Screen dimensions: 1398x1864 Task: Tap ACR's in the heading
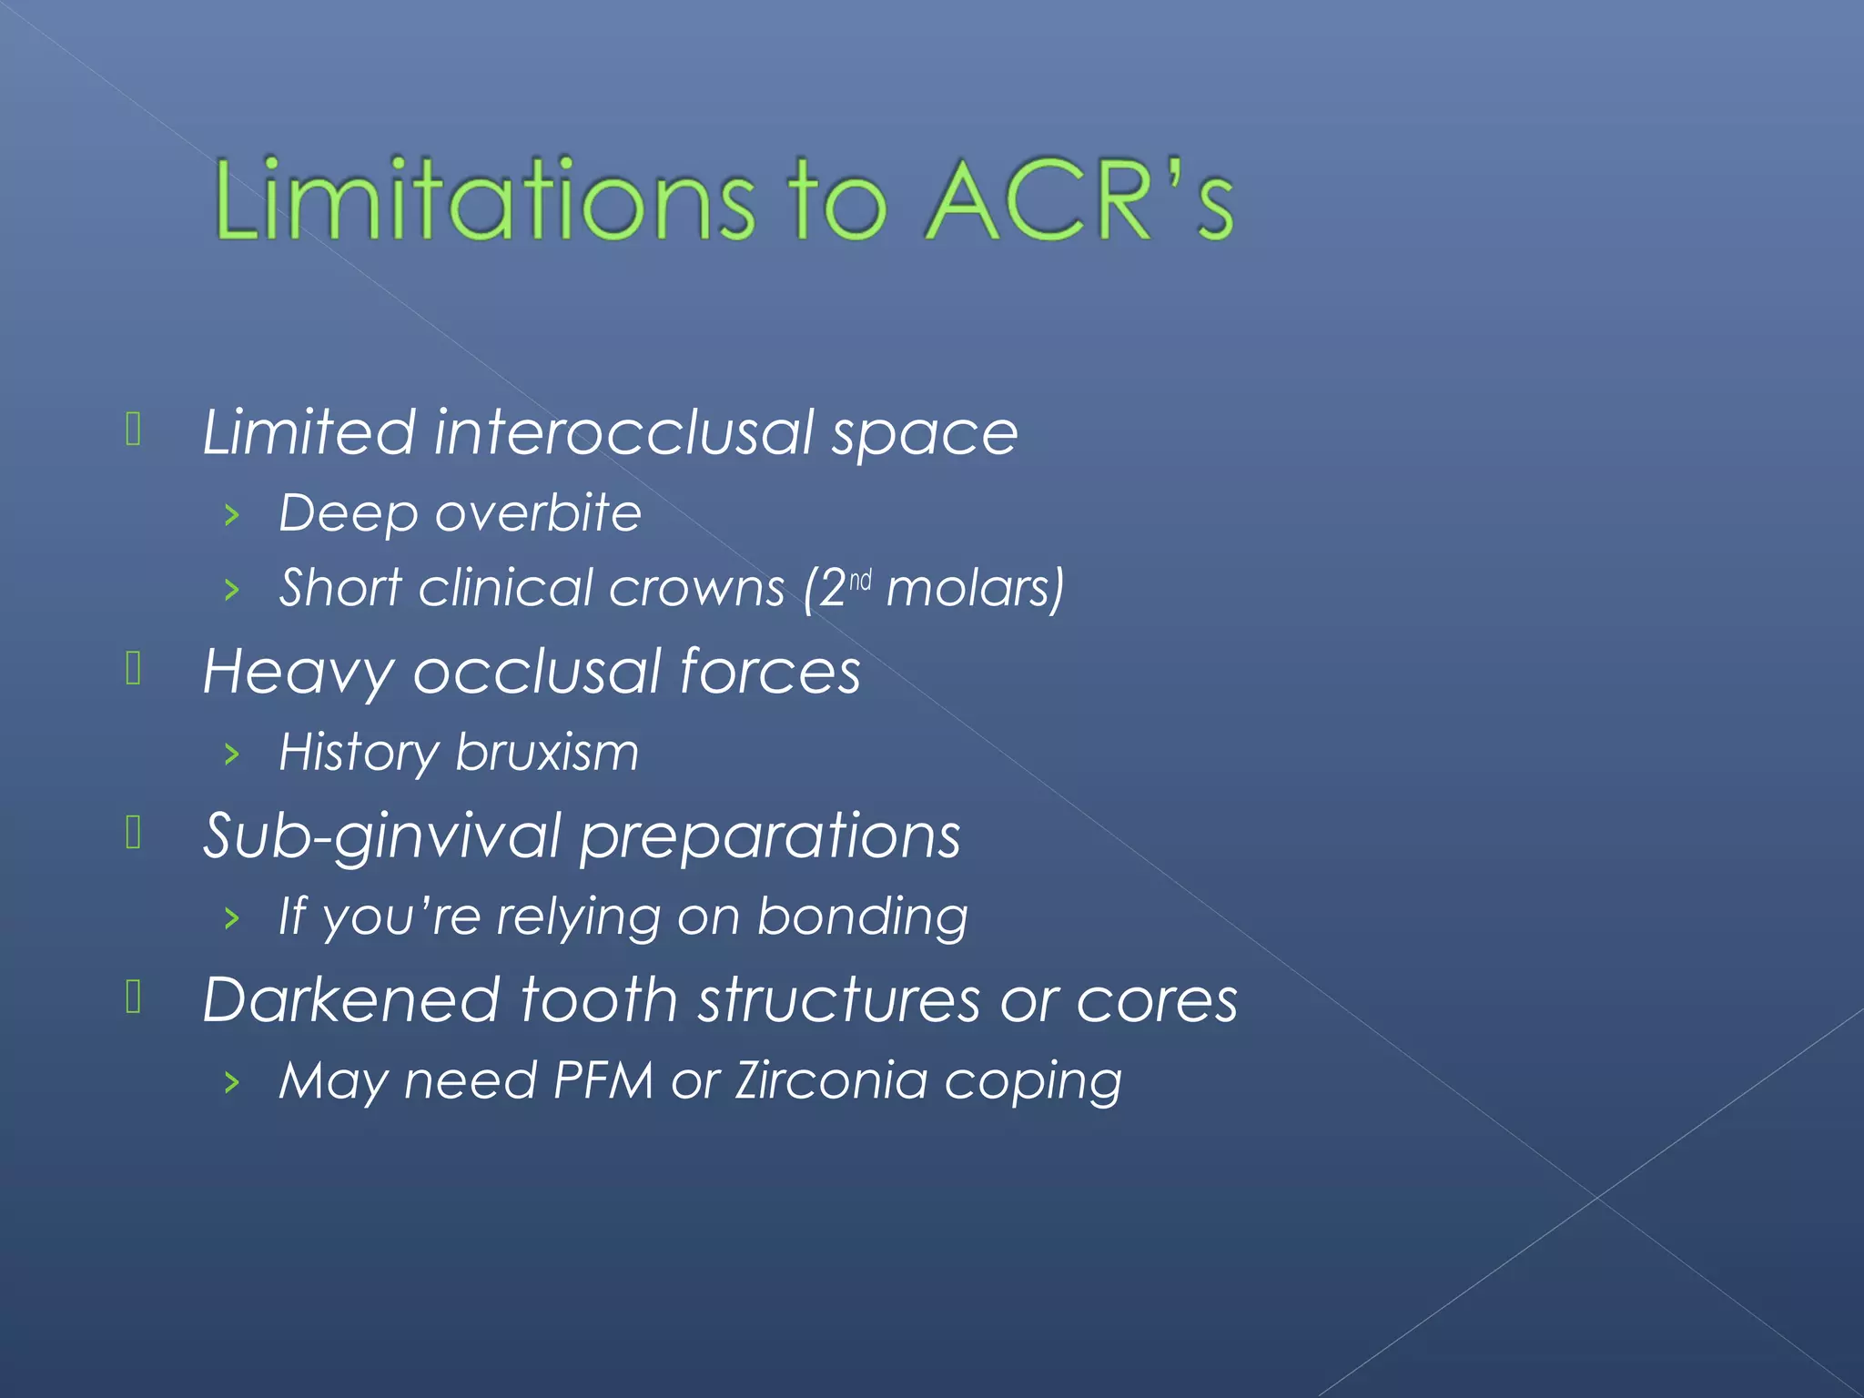[1079, 200]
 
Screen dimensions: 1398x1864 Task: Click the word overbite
[538, 513]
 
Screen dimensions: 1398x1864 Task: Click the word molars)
[975, 589]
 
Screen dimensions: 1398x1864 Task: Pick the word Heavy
[297, 673]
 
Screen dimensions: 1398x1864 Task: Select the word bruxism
[547, 753]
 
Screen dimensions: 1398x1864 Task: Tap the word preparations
[770, 836]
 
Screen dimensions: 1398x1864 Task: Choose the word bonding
[862, 917]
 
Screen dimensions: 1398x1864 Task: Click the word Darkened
[351, 1000]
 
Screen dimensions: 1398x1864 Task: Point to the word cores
[1157, 1000]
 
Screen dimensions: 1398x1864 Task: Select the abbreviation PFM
[603, 1081]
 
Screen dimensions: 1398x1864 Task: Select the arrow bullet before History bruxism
[232, 755]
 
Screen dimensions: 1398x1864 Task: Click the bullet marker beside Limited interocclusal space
[133, 430]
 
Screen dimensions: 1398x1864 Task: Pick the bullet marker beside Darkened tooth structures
[133, 998]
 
